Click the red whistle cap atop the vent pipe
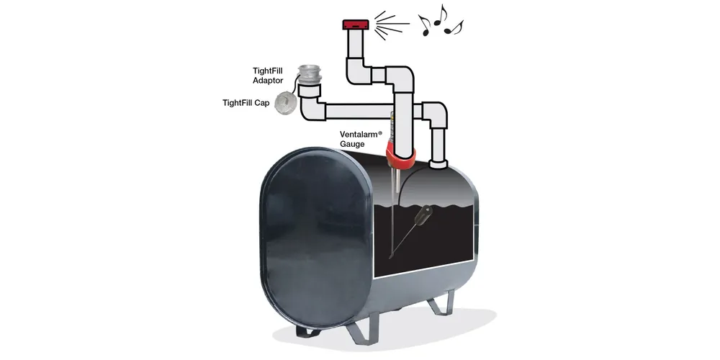[356, 24]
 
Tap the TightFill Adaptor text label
[268, 75]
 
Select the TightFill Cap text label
[246, 103]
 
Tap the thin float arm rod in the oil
[405, 239]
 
